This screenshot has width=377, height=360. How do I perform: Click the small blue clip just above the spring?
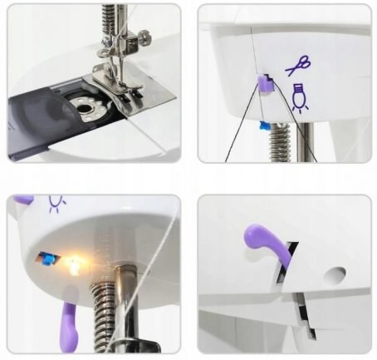(264, 125)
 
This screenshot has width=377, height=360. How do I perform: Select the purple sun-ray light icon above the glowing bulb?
(57, 203)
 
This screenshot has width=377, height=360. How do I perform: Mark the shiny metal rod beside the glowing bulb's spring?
(124, 299)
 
